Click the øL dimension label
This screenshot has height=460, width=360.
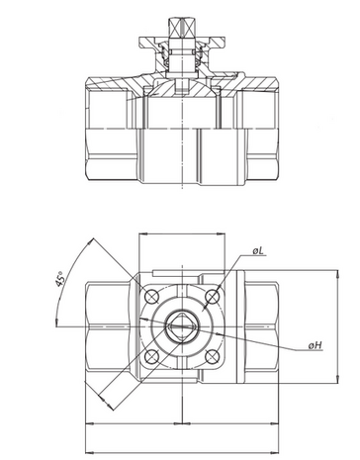click(x=258, y=251)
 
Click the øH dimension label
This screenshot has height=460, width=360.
click(x=315, y=345)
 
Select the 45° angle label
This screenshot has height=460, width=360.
click(x=59, y=279)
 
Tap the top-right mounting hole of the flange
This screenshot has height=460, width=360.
click(x=213, y=297)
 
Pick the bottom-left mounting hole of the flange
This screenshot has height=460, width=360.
click(x=151, y=357)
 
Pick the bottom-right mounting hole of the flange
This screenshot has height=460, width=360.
click(x=213, y=357)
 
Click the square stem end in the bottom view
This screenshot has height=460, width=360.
click(x=182, y=326)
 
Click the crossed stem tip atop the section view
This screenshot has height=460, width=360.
click(x=181, y=27)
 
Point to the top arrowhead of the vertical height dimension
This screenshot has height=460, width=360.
click(x=337, y=274)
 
